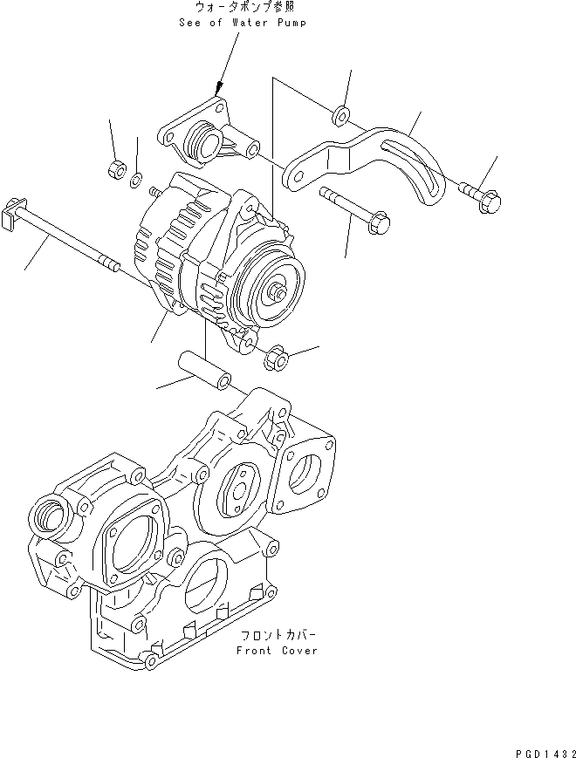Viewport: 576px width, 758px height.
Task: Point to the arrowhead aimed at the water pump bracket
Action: (218, 87)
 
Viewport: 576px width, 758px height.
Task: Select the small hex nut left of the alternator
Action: (113, 168)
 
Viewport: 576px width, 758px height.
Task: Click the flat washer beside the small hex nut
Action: (136, 181)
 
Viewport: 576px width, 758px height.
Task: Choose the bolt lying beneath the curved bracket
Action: (353, 209)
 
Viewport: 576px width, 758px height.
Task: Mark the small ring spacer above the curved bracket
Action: (341, 114)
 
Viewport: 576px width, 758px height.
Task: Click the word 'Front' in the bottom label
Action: (255, 651)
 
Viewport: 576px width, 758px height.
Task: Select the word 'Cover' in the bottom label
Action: (298, 651)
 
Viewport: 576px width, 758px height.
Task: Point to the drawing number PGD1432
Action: (540, 748)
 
